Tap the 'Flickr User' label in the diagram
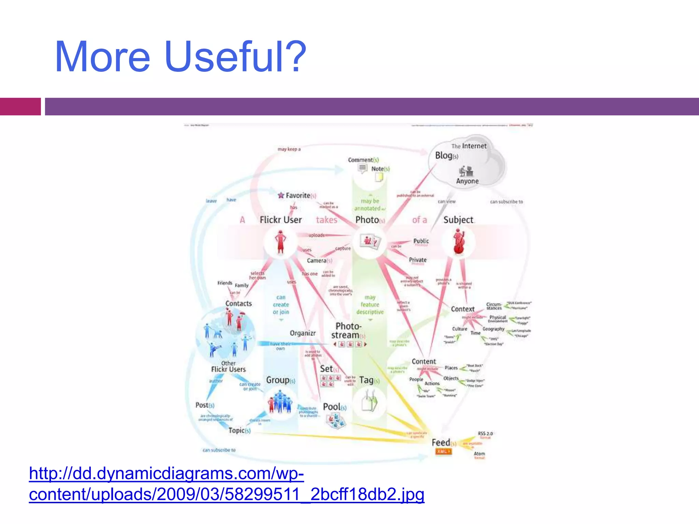pos(281,220)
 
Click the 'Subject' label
pos(458,220)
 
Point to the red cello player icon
pos(458,242)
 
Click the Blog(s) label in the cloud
pos(446,156)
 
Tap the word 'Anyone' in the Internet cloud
pos(467,181)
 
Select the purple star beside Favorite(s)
pos(281,195)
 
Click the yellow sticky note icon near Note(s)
pos(379,177)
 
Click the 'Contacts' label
pos(239,304)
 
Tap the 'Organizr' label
pos(302,333)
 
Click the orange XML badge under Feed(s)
pos(443,451)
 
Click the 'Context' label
pos(462,309)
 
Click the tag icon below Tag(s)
pos(369,403)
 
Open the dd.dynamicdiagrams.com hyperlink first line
pos(166,474)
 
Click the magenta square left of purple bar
pos(20,106)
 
